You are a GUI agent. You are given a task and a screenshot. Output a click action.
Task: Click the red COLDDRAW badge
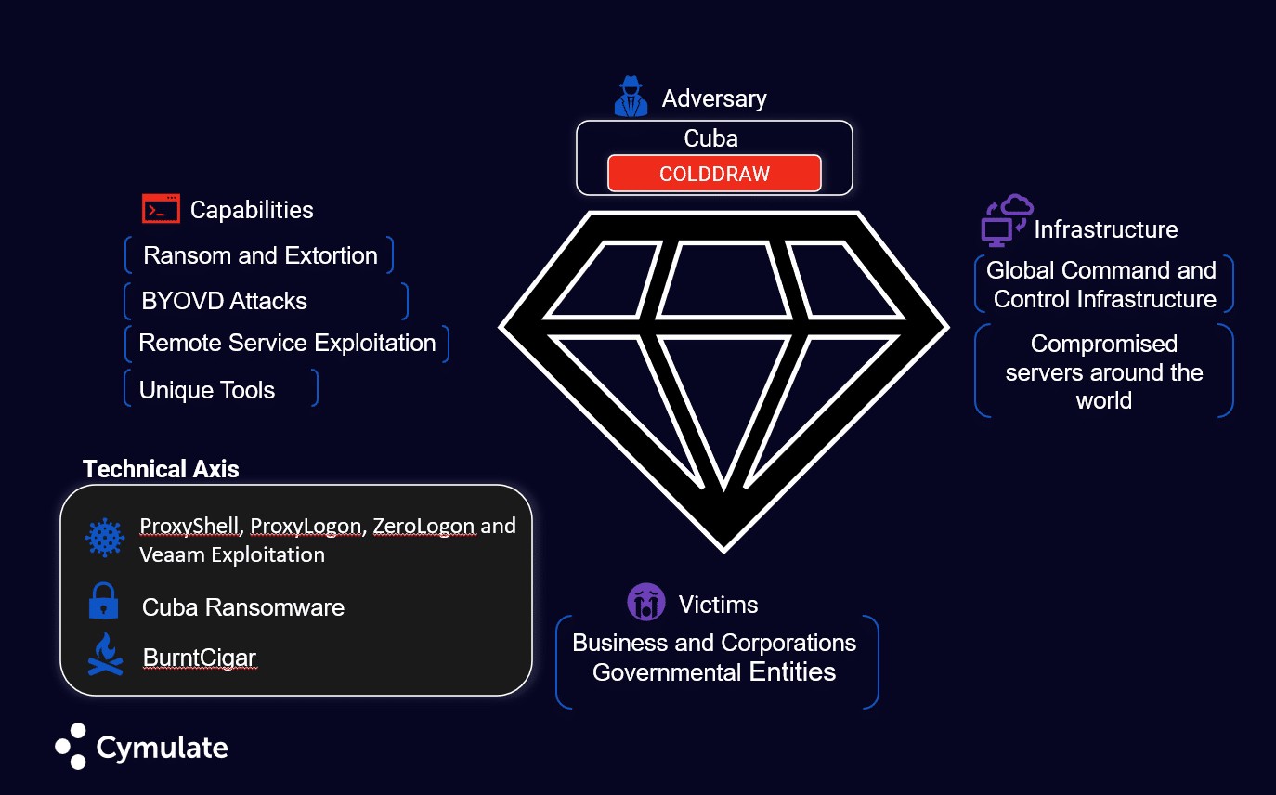(x=714, y=174)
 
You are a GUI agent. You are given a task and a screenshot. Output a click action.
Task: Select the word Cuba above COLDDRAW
(x=710, y=138)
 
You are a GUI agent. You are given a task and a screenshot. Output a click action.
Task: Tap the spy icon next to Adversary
(x=631, y=96)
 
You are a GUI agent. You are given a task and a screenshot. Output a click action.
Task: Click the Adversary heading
(x=714, y=98)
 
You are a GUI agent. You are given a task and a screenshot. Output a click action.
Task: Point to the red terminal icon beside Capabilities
(x=161, y=209)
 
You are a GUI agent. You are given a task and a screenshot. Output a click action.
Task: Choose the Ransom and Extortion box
(x=260, y=255)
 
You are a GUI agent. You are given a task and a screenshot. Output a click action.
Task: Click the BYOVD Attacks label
(x=224, y=301)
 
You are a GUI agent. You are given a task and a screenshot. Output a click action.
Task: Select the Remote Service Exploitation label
(x=287, y=343)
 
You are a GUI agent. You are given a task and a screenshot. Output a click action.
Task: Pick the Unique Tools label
(x=207, y=389)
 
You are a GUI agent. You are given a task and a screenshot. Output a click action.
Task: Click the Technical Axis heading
(x=161, y=469)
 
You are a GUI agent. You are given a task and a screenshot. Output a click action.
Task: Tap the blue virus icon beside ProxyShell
(x=105, y=538)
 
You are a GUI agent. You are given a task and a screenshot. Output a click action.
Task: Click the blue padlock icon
(x=103, y=602)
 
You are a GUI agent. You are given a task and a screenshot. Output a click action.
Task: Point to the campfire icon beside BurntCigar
(x=105, y=654)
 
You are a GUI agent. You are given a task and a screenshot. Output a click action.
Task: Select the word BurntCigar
(x=199, y=658)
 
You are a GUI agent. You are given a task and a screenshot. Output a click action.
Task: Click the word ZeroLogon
(x=423, y=526)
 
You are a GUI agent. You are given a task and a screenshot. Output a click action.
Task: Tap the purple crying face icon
(x=645, y=603)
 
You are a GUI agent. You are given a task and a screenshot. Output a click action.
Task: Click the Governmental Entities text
(x=714, y=671)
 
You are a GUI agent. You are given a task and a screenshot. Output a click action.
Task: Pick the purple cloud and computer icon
(x=1007, y=220)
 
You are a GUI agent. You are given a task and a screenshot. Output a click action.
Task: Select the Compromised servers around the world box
(x=1104, y=371)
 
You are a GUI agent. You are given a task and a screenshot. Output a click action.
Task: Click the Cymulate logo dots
(x=72, y=746)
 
